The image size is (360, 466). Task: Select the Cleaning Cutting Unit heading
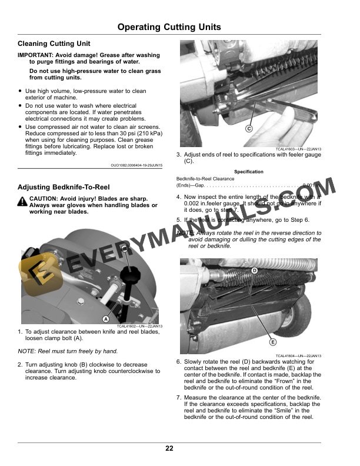(x=54, y=44)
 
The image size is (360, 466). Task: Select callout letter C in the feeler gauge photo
(x=249, y=128)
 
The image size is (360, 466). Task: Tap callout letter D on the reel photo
(x=255, y=270)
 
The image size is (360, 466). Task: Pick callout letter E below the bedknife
(x=273, y=342)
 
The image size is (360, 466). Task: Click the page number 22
(x=169, y=449)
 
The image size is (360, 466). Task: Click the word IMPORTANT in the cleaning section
(x=36, y=55)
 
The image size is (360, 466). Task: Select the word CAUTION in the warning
(x=45, y=199)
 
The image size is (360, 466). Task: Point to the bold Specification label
(x=248, y=172)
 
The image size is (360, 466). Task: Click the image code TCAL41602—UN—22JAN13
(x=139, y=326)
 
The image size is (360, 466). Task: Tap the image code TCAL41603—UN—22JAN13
(x=298, y=149)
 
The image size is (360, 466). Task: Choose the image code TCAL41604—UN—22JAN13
(x=298, y=356)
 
